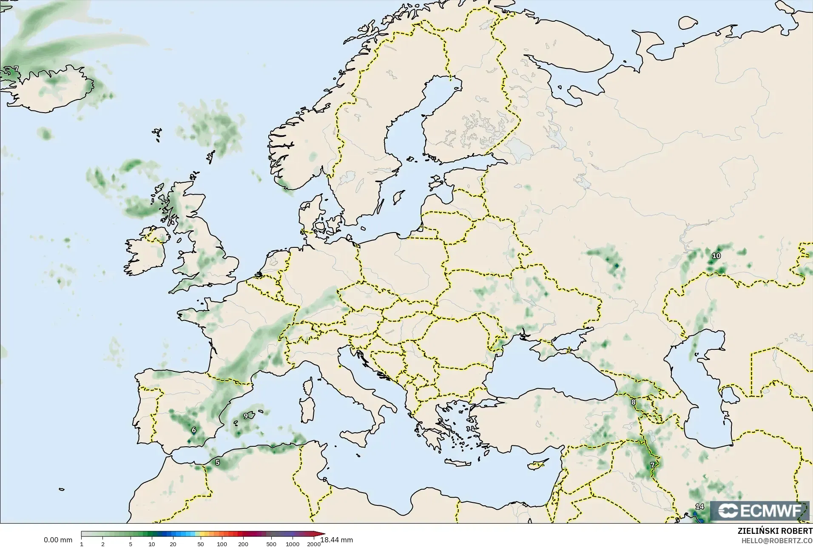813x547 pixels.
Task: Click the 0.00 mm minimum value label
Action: pyautogui.click(x=58, y=540)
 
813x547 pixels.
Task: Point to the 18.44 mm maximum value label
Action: pyautogui.click(x=337, y=540)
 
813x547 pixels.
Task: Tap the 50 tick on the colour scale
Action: pyautogui.click(x=200, y=544)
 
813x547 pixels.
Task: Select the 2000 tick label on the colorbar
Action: pyautogui.click(x=314, y=544)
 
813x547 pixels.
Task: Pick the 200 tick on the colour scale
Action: pyautogui.click(x=243, y=544)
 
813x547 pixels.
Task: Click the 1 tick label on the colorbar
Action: pyautogui.click(x=81, y=544)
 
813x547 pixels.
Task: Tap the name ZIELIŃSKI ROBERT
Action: pyautogui.click(x=775, y=531)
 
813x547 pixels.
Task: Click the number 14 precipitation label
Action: pyautogui.click(x=699, y=507)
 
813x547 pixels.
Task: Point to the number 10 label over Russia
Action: pyautogui.click(x=716, y=256)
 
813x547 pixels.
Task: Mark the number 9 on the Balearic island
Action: pyautogui.click(x=246, y=416)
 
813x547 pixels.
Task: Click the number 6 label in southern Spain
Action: pyautogui.click(x=194, y=430)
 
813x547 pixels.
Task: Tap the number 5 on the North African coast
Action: pyautogui.click(x=217, y=462)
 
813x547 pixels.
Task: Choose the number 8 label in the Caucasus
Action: pyautogui.click(x=634, y=402)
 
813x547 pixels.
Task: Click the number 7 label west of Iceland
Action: pyautogui.click(x=16, y=69)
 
